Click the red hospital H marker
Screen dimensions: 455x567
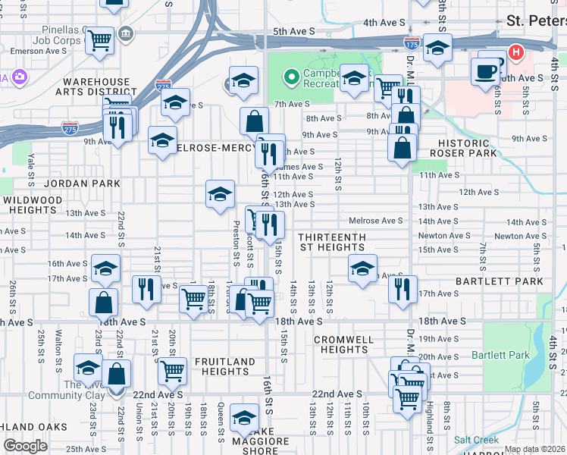click(516, 52)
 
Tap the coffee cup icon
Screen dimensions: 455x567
click(485, 71)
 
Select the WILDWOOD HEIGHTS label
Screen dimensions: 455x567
click(32, 206)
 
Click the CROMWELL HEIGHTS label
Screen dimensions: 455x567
click(344, 344)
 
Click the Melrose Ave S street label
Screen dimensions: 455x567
click(376, 221)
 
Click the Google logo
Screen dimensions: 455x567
click(25, 446)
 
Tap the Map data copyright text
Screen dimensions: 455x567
click(534, 449)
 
